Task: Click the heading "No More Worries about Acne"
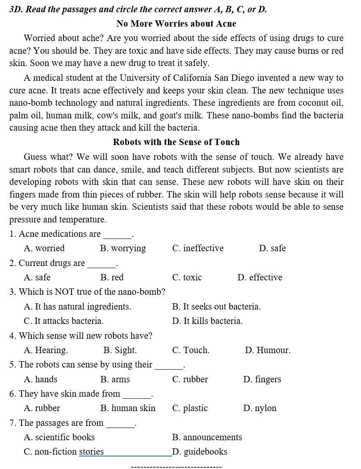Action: click(x=176, y=24)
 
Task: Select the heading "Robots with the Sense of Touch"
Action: click(x=176, y=142)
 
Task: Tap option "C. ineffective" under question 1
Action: click(x=198, y=248)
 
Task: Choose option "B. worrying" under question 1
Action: click(x=123, y=248)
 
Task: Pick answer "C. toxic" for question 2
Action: click(x=187, y=277)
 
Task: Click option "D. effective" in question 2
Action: click(x=259, y=277)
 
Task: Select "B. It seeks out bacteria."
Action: click(x=216, y=306)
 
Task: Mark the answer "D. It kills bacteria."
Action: click(x=207, y=321)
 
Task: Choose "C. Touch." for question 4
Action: click(x=191, y=350)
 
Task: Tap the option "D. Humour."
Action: click(x=267, y=350)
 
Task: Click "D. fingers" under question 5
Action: click(x=262, y=379)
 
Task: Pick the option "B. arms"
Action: click(x=115, y=379)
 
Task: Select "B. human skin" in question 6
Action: click(x=128, y=408)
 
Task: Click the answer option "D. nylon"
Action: click(x=260, y=408)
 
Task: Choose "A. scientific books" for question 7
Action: click(x=59, y=437)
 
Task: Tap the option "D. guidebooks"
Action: click(x=200, y=452)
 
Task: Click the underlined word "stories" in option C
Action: click(x=91, y=452)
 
